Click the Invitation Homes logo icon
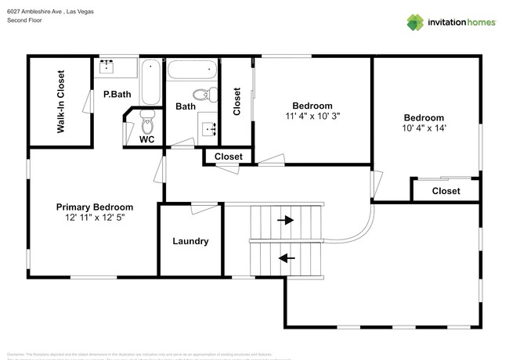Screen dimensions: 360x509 [415, 22]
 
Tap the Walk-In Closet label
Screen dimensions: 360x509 [60, 102]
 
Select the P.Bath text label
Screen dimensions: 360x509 [117, 95]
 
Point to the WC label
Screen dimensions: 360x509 [146, 140]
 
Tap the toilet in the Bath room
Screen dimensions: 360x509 [206, 95]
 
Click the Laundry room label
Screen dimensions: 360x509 [190, 241]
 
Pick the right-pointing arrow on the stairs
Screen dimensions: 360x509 [286, 221]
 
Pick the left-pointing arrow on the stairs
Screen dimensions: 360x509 [286, 257]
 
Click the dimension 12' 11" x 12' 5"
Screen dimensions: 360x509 [95, 218]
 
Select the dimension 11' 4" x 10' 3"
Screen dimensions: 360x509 [312, 116]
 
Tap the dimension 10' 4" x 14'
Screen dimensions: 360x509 [423, 128]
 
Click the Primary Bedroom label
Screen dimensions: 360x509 [95, 207]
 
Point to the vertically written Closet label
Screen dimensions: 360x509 [237, 101]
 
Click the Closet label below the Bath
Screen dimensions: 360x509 [229, 157]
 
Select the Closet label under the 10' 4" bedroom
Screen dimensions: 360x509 [446, 191]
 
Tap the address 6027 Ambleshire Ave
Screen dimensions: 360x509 [36, 11]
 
